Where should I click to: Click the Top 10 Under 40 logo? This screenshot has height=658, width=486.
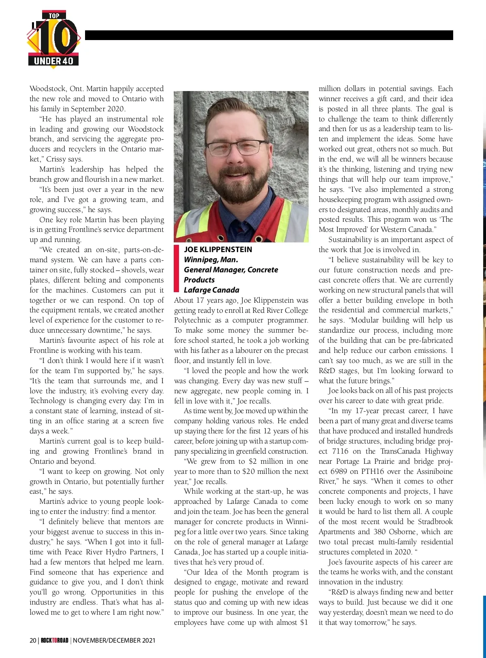click(54, 40)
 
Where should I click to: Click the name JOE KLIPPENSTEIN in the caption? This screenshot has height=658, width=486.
click(218, 250)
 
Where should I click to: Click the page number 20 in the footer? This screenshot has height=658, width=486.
click(33, 640)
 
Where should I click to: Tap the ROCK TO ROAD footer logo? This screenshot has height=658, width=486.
click(54, 640)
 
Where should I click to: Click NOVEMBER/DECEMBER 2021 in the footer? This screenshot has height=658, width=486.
click(114, 640)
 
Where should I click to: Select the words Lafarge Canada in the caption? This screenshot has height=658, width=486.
click(211, 290)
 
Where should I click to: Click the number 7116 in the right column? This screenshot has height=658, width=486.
click(340, 451)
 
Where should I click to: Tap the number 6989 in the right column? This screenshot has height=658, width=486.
click(340, 471)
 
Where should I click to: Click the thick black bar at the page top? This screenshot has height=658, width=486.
click(269, 35)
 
